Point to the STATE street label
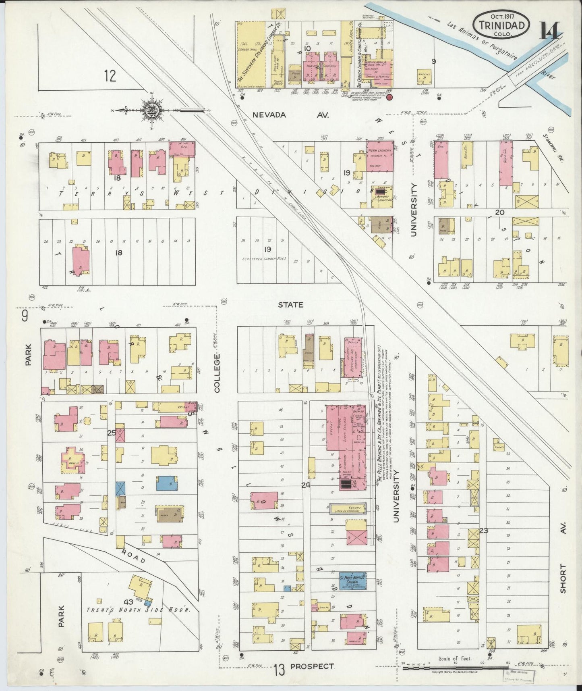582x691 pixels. click(290, 305)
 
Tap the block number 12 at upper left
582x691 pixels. click(110, 75)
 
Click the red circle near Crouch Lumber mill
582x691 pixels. click(389, 97)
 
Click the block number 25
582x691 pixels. click(112, 433)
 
